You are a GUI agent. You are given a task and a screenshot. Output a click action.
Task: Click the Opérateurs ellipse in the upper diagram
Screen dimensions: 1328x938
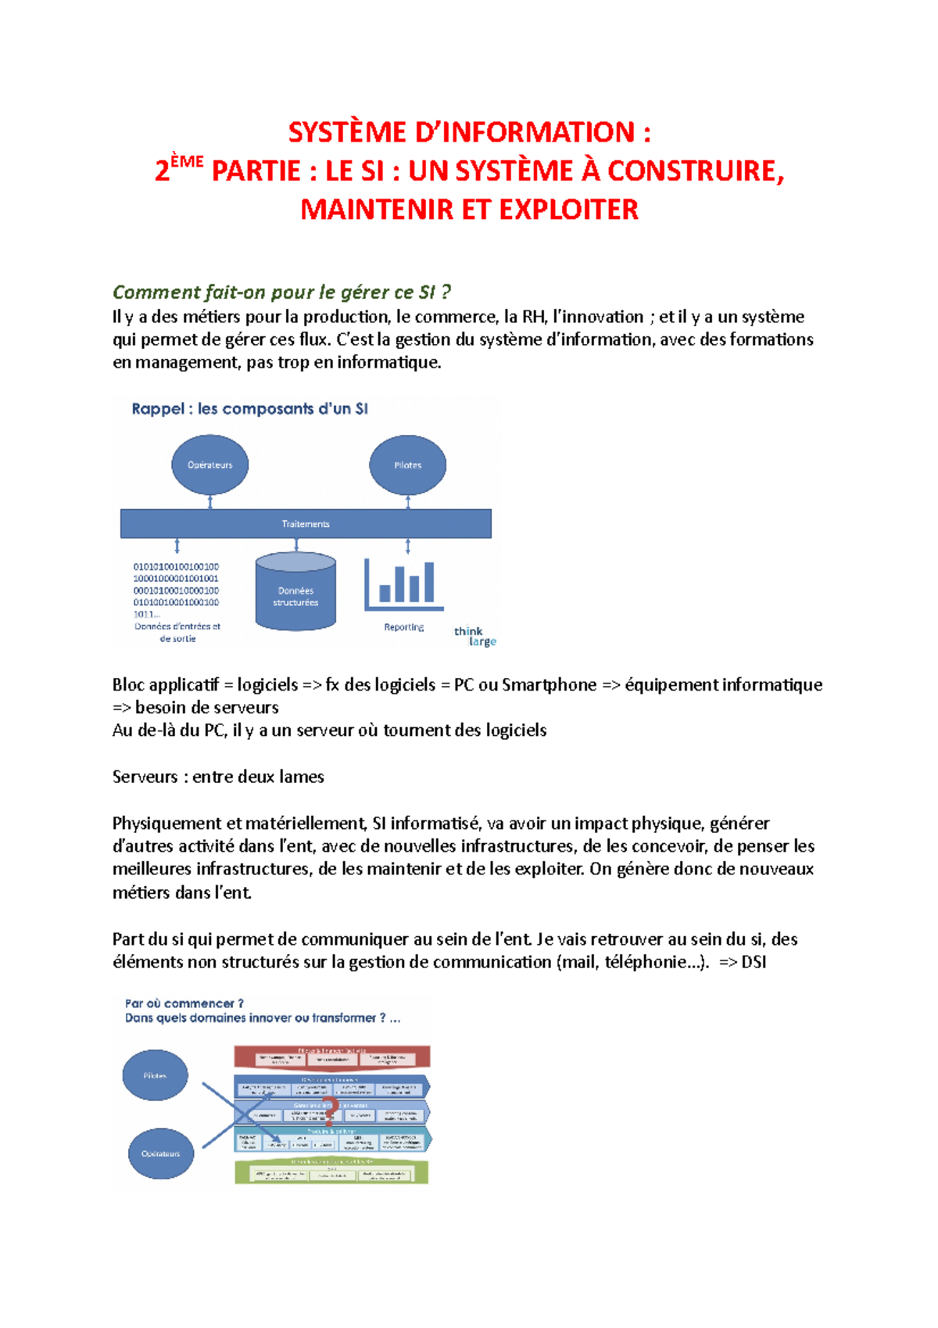pyautogui.click(x=209, y=465)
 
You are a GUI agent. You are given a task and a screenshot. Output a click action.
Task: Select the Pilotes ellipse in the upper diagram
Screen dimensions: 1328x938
pyautogui.click(x=407, y=465)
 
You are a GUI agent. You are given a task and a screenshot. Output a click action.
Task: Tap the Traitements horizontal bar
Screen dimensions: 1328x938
pyautogui.click(x=306, y=523)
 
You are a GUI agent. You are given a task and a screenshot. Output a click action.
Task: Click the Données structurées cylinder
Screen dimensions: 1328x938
pyautogui.click(x=295, y=592)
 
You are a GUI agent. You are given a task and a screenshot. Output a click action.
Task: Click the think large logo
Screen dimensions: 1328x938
pyautogui.click(x=474, y=637)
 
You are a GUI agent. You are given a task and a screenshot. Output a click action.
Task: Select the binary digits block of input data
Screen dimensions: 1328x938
pyautogui.click(x=176, y=590)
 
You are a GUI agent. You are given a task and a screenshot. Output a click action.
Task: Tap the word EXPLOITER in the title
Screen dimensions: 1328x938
pyautogui.click(x=568, y=210)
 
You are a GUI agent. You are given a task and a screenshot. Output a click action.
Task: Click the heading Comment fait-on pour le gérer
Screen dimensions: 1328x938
pyautogui.click(x=281, y=293)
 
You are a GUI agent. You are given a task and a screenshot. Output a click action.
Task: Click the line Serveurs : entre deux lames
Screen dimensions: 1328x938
pyautogui.click(x=218, y=777)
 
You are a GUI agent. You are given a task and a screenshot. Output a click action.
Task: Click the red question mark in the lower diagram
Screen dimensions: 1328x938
pyautogui.click(x=330, y=1111)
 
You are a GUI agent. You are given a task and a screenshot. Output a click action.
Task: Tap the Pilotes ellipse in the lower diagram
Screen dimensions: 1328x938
pyautogui.click(x=155, y=1075)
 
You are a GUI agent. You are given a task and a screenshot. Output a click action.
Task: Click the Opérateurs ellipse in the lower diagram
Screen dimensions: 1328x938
pyautogui.click(x=160, y=1154)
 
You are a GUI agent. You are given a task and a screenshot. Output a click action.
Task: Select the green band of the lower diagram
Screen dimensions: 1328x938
pyautogui.click(x=331, y=1172)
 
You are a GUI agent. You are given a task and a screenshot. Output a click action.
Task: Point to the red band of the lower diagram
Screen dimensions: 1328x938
pyautogui.click(x=331, y=1057)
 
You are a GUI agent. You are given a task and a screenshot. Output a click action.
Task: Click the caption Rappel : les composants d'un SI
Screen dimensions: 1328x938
pyautogui.click(x=249, y=408)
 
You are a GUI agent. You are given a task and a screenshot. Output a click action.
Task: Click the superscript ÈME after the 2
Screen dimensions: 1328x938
pyautogui.click(x=187, y=162)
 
